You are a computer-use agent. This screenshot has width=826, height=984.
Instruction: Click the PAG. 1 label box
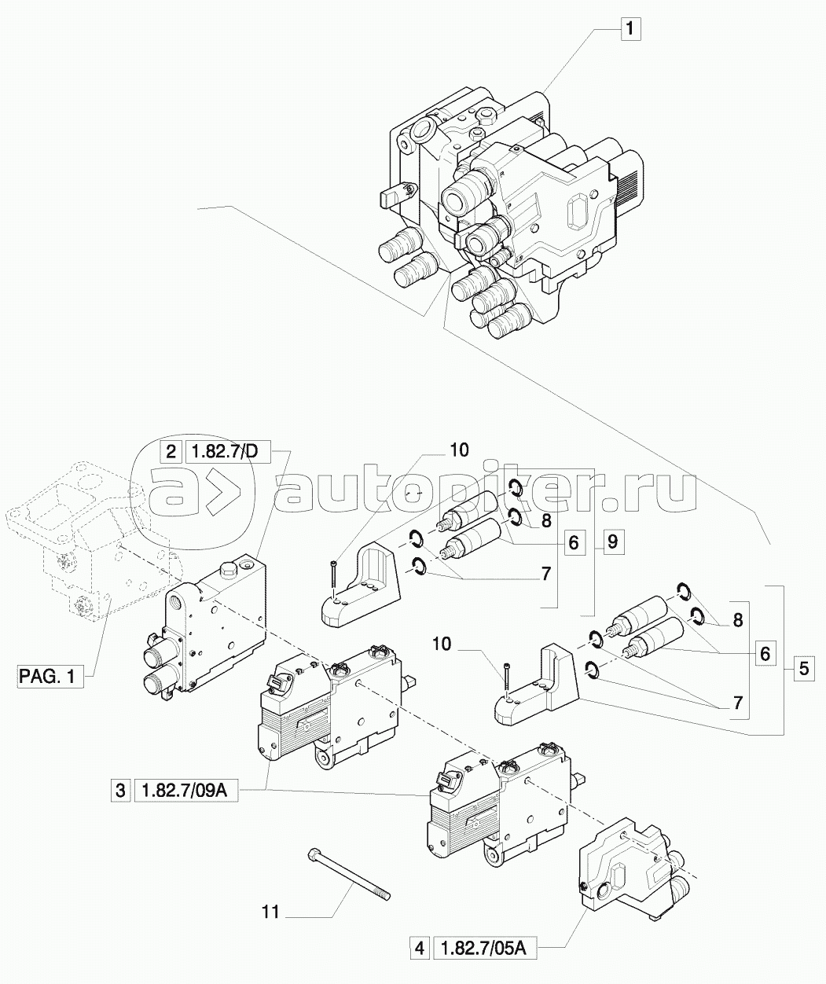tap(50, 676)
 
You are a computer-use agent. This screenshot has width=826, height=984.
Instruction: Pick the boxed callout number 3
tap(121, 791)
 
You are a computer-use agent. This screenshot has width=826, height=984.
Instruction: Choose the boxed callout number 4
tap(420, 949)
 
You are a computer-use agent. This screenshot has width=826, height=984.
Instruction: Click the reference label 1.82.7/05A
tap(484, 949)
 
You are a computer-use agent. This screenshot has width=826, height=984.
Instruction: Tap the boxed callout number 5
tap(803, 670)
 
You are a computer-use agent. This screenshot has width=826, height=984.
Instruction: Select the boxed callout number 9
tap(613, 542)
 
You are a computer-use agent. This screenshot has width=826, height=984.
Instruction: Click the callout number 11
tap(271, 912)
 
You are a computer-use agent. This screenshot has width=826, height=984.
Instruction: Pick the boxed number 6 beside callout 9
tap(573, 542)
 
